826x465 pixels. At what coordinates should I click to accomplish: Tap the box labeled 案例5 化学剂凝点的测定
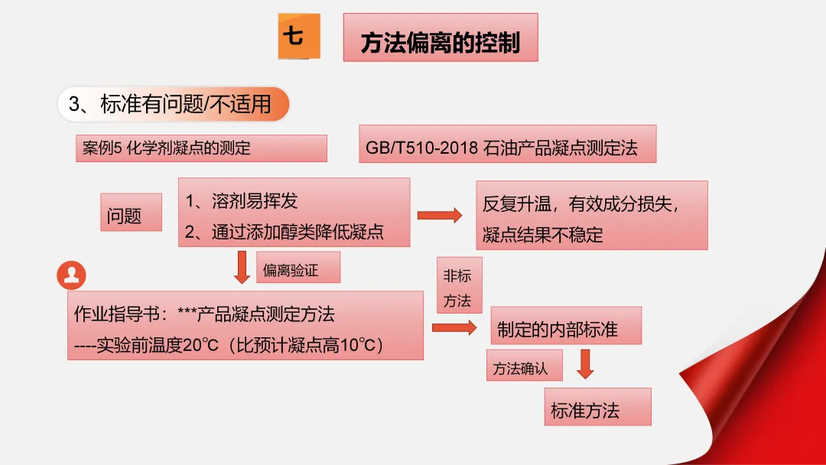pos(201,148)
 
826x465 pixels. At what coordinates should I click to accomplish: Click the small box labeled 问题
pos(131,212)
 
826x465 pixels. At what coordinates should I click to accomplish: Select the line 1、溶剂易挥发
pos(242,200)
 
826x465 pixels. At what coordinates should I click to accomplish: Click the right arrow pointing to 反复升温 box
pos(440,215)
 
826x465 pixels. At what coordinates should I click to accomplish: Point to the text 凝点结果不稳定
pos(542,235)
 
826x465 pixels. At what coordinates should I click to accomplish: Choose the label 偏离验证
pos(298,268)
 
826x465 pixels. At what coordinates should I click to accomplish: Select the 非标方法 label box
pos(458,285)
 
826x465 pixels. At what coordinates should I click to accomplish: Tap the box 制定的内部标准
pos(564,328)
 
